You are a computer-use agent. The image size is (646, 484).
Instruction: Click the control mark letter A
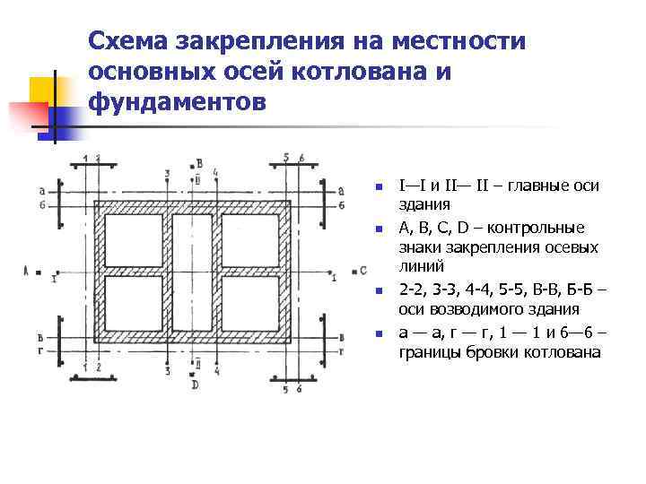click(27, 269)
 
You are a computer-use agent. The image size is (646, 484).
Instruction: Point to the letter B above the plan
click(199, 163)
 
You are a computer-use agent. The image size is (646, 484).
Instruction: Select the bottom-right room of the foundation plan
click(252, 304)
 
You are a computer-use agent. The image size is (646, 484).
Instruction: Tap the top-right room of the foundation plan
click(252, 240)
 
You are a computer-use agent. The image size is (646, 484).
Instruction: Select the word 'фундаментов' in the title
click(178, 100)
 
